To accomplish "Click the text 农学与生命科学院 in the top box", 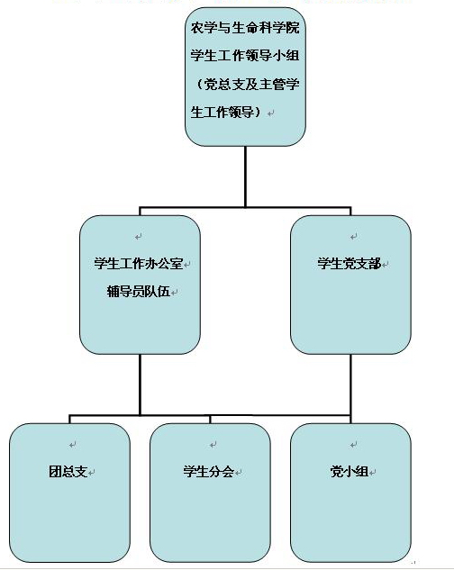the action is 245,28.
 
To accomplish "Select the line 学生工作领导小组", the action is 245,56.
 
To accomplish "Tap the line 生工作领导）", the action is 227,112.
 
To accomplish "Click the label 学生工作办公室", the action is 138,263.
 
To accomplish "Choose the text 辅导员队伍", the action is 138,291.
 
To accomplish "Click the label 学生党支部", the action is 349,263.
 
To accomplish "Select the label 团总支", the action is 68,472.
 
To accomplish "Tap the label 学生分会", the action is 208,472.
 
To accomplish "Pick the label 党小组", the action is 350,472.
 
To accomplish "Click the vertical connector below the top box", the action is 245,176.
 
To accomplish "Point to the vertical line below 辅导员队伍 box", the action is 140,385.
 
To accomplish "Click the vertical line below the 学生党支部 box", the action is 350,385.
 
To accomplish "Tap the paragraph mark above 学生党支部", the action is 354,237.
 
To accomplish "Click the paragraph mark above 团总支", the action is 73,445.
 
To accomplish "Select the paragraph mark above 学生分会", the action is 213,445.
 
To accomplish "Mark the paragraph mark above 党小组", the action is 354,445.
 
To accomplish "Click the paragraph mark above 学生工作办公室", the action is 138,237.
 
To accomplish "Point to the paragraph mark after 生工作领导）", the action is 270,113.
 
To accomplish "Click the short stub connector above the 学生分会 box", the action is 210,419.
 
